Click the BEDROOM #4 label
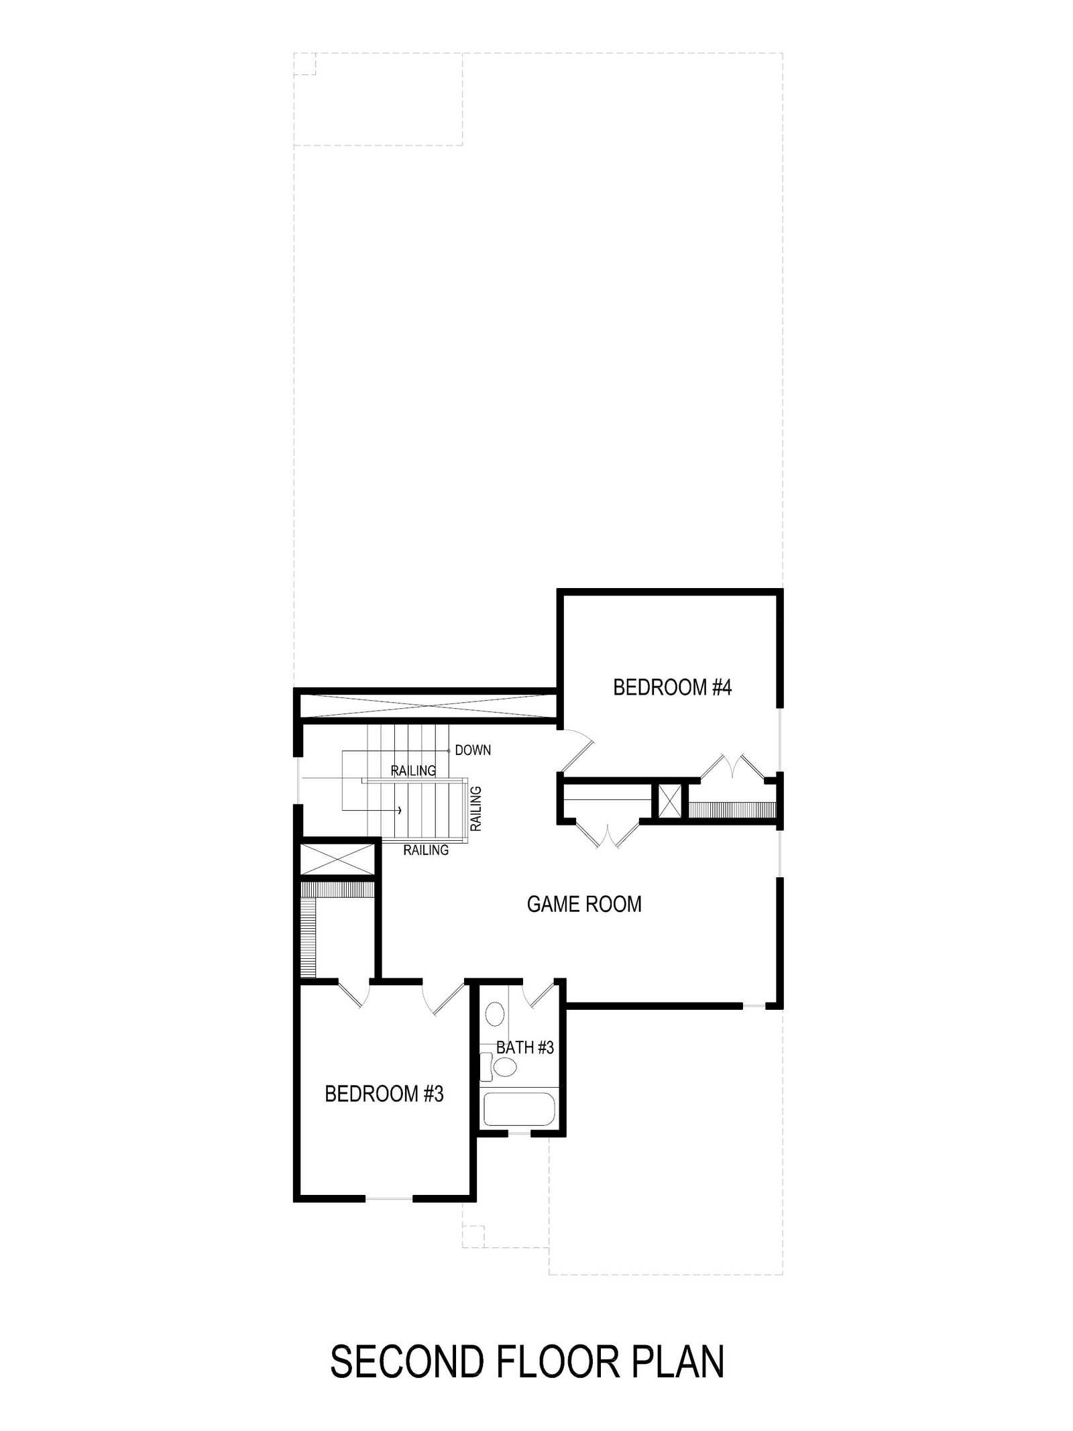coord(672,687)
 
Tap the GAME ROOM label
coord(584,904)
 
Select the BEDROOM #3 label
coord(384,1094)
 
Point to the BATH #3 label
coord(525,1047)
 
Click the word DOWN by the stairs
coord(473,750)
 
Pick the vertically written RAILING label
coord(476,809)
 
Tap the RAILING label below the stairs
coord(426,850)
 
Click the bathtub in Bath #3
coord(520,1110)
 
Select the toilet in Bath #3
coord(498,1067)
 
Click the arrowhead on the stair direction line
coord(400,810)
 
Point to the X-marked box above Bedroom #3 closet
coord(337,860)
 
